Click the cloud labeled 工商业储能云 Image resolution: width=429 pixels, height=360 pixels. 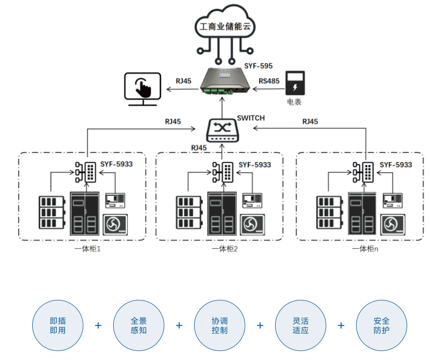pyautogui.click(x=224, y=27)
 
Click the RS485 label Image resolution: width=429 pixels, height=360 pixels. pyautogui.click(x=269, y=81)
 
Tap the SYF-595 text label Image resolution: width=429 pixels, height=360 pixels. pyautogui.click(x=258, y=66)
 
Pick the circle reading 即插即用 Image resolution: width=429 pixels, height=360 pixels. pyautogui.click(x=57, y=325)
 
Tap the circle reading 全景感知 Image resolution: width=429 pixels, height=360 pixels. pyautogui.click(x=138, y=325)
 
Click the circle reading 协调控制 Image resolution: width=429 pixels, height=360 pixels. pyautogui.click(x=219, y=325)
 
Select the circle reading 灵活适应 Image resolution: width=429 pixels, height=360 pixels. pyautogui.click(x=300, y=325)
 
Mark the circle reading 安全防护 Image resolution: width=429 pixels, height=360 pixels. pyautogui.click(x=381, y=325)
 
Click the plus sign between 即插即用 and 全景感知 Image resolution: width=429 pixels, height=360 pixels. pyautogui.click(x=98, y=325)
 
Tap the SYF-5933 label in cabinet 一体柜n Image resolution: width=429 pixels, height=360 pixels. pyautogui.click(x=396, y=165)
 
